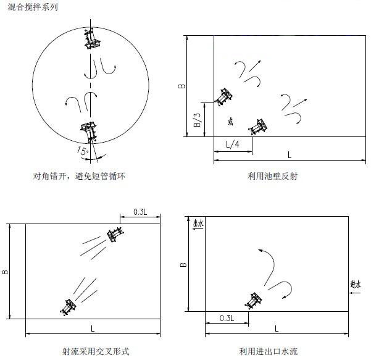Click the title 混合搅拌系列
point(33,7)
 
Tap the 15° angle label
point(82,151)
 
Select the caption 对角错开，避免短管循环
point(79,176)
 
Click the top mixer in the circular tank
point(91,38)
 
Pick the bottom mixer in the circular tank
point(89,132)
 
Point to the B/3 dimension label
point(197,120)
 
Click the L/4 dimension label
point(232,144)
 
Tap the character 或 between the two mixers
point(230,122)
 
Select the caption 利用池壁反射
point(272,176)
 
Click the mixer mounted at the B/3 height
point(223,96)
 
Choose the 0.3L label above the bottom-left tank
point(140,212)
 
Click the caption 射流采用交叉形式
point(96,351)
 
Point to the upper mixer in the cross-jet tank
point(115,234)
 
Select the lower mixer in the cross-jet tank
point(68,307)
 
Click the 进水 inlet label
point(356,284)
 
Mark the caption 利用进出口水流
point(269,351)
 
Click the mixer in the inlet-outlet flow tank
point(253,301)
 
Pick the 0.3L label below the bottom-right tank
point(227,318)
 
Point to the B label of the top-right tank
point(181,86)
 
